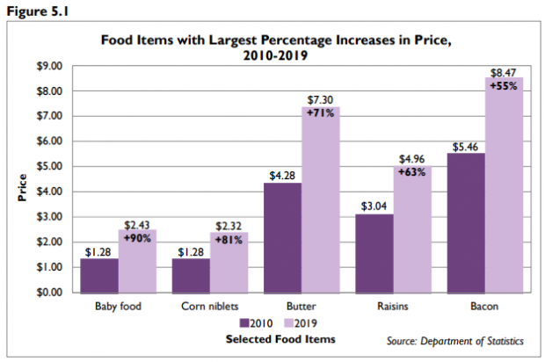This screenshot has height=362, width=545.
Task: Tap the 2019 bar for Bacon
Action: [504, 185]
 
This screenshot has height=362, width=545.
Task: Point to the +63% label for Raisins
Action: [411, 172]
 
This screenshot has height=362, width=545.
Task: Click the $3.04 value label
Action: [374, 206]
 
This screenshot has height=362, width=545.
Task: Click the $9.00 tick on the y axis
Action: [48, 66]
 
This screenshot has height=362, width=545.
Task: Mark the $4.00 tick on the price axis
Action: [48, 192]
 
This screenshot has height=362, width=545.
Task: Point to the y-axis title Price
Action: [22, 188]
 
